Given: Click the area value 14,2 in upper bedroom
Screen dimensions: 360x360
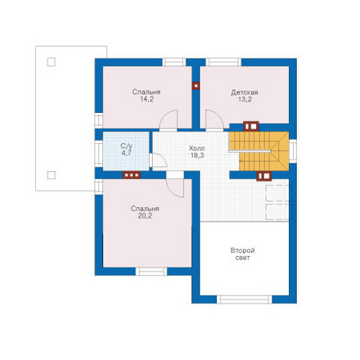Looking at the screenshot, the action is [x=146, y=99].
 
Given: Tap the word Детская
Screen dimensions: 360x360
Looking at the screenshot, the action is [x=245, y=92].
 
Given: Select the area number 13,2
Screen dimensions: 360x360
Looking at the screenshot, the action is [x=245, y=100].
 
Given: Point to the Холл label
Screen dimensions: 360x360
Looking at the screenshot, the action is [x=197, y=149].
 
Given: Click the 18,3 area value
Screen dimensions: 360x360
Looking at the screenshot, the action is [x=197, y=155].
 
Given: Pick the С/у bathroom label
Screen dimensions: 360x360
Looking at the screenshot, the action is [x=127, y=146].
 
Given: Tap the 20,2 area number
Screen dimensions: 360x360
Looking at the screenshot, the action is [x=145, y=216].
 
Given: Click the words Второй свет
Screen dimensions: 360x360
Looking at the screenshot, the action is [x=242, y=254].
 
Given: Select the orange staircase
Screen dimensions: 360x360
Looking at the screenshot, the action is [x=259, y=151].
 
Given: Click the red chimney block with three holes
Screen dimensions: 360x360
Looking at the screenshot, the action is [x=132, y=175].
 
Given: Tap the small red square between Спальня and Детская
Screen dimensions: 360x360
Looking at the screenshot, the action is [x=196, y=86].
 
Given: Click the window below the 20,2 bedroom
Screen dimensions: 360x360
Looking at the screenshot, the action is [x=151, y=272].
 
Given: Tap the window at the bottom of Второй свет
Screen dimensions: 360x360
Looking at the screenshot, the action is [x=245, y=299].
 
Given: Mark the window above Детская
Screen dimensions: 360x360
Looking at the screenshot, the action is [x=223, y=62].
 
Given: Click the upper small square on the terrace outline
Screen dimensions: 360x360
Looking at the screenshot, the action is [x=52, y=62].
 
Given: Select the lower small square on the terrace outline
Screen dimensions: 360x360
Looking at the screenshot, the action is [x=52, y=175].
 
